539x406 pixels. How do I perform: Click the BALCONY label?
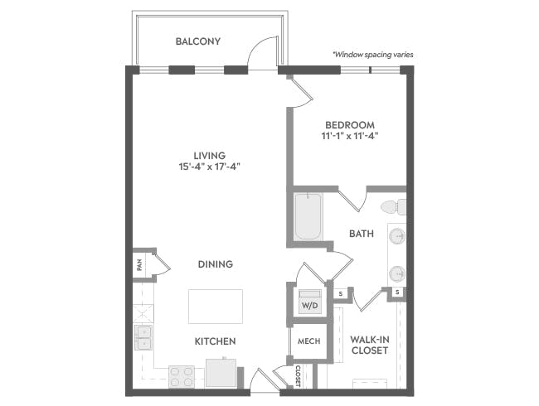point(198,41)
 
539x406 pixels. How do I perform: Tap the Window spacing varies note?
point(372,55)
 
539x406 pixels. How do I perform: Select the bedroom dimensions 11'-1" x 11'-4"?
point(350,136)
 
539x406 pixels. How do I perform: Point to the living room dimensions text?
point(209,167)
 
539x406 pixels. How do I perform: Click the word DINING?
point(216,264)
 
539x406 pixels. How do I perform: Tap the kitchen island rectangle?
point(216,307)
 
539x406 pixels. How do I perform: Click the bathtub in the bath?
point(308,216)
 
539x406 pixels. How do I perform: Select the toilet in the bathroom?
point(394,207)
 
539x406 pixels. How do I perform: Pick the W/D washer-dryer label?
point(310,306)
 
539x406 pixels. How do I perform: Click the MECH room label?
point(309,341)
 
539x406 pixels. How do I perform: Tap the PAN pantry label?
point(139,265)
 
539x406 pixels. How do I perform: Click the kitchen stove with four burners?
point(182,377)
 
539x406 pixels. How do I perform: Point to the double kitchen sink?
point(143,338)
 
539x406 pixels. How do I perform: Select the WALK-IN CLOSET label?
point(370,346)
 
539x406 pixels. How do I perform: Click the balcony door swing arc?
point(260,46)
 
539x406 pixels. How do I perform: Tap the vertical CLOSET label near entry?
point(298,376)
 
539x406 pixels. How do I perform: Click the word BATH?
point(362,234)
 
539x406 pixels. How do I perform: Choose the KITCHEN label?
point(216,341)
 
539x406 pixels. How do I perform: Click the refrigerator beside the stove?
point(221,373)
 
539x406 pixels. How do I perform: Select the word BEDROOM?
point(350,125)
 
